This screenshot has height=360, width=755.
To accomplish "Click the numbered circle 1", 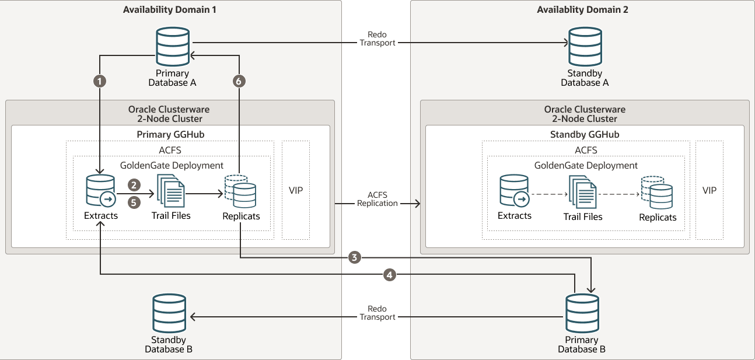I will coord(100,81).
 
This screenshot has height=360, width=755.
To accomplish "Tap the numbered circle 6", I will coord(237,81).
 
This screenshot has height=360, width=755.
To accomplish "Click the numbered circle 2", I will coord(134,186).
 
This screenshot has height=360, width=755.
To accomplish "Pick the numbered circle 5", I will coord(134,202).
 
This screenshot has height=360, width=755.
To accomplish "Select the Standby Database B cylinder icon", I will coord(169,313).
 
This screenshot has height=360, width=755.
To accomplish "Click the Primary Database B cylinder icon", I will coord(582,314).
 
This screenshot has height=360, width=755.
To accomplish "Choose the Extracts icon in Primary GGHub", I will coord(101,190).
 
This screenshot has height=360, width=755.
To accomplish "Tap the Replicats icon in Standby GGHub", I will coord(657,191).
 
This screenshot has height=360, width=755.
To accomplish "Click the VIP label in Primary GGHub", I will coord(296,190).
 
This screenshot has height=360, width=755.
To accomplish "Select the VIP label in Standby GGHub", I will coord(709,190).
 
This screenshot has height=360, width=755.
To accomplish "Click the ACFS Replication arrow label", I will coord(377,199).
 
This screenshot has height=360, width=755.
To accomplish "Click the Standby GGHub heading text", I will coord(585,134).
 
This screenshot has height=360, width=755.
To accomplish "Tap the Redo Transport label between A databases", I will coord(377,39).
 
